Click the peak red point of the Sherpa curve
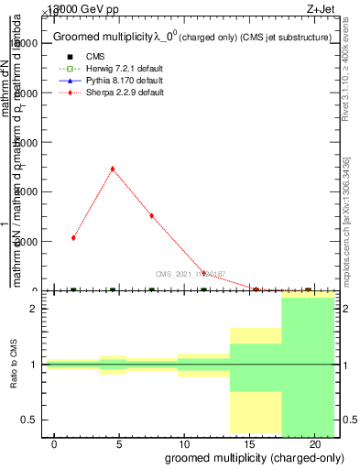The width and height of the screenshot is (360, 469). click(112, 169)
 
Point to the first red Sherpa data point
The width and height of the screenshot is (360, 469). click(73, 238)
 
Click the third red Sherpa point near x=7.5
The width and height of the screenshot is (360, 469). click(151, 215)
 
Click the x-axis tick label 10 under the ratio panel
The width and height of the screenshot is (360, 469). click(184, 443)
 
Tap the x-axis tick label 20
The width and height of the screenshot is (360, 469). click(314, 443)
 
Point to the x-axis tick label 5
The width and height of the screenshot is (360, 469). click(119, 443)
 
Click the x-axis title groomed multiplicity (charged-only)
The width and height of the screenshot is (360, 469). click(243, 457)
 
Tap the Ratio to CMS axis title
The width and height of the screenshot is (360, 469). click(14, 365)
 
